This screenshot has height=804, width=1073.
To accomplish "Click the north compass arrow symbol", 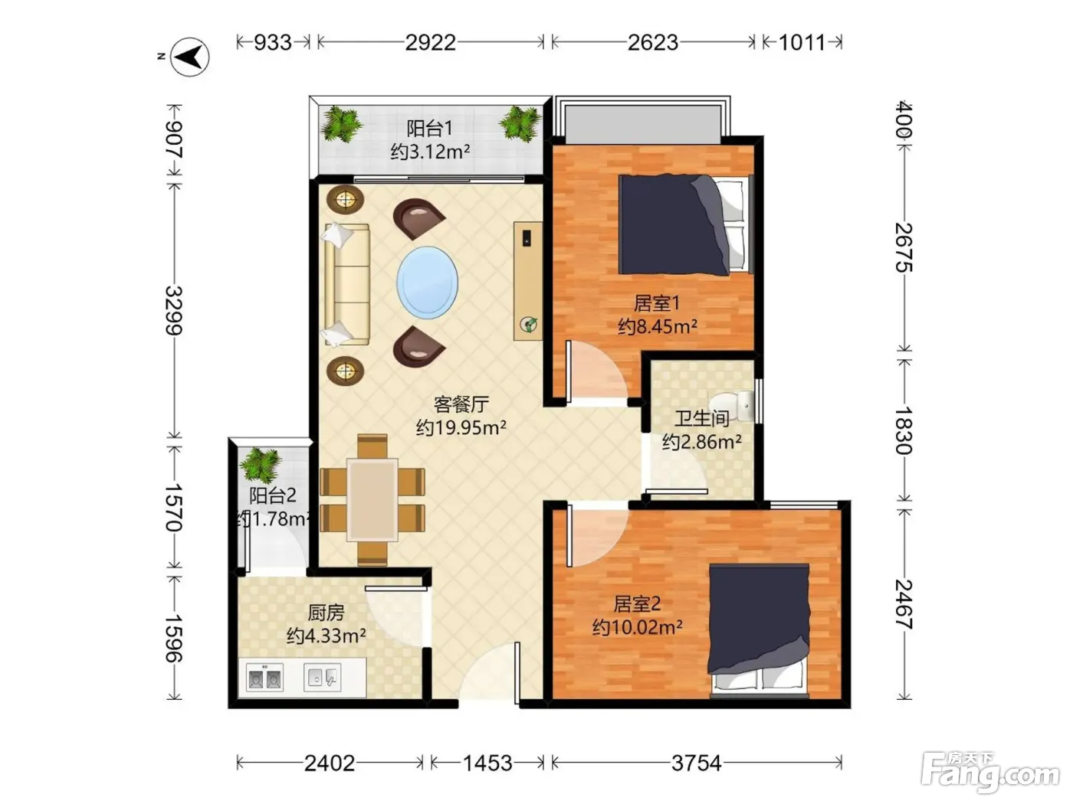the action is pyautogui.click(x=190, y=57).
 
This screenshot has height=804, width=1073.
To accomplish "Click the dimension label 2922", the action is pyautogui.click(x=430, y=43).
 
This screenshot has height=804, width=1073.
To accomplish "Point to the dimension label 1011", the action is pyautogui.click(x=802, y=43).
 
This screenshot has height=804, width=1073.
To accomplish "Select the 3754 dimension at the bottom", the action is pyautogui.click(x=696, y=763).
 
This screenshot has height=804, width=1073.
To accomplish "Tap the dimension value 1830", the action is pyautogui.click(x=904, y=430).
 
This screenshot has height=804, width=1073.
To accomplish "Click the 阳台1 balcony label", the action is pyautogui.click(x=430, y=129).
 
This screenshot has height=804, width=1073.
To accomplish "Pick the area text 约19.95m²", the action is pyautogui.click(x=461, y=427).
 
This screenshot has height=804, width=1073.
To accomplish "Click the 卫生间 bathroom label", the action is pyautogui.click(x=702, y=418).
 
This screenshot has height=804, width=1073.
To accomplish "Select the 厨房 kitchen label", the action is pyautogui.click(x=326, y=612).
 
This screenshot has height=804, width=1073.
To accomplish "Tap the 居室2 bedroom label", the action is pyautogui.click(x=637, y=604).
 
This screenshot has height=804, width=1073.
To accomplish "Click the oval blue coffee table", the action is pyautogui.click(x=427, y=283).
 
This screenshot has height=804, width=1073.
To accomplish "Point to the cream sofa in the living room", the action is pyautogui.click(x=346, y=285).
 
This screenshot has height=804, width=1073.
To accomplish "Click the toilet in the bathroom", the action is pyautogui.click(x=732, y=406).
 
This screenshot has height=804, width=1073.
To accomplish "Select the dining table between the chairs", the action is pyautogui.click(x=372, y=499).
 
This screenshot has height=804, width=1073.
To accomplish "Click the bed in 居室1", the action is pyautogui.click(x=685, y=224).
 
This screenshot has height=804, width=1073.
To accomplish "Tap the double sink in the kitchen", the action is pyautogui.click(x=264, y=677).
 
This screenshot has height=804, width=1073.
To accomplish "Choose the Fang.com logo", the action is pyautogui.click(x=989, y=773).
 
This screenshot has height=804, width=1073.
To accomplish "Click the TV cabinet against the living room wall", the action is pyautogui.click(x=528, y=281).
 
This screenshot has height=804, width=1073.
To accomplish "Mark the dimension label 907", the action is pyautogui.click(x=173, y=139).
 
